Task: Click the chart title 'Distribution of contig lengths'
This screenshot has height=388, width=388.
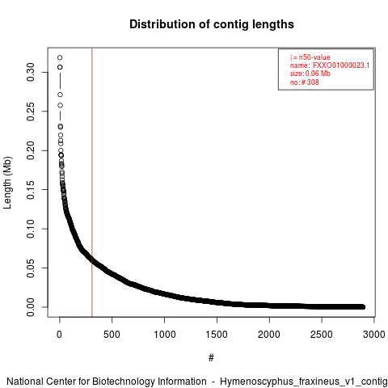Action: coord(212,24)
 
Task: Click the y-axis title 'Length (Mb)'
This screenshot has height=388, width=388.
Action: coord(7,183)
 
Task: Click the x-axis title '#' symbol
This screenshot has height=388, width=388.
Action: coord(211,358)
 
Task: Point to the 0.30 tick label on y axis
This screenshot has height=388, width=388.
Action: coord(31,72)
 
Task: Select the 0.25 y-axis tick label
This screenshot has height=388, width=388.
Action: coord(31,112)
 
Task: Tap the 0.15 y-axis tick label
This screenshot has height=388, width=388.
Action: coord(31,190)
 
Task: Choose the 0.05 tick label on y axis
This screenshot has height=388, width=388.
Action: coord(31,268)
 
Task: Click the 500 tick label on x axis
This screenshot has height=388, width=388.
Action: coord(112,335)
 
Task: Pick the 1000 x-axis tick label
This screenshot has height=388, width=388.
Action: coord(164,335)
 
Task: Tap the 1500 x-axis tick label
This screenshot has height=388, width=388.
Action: coord(217,335)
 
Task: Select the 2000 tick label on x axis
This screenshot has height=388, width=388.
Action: coord(269,335)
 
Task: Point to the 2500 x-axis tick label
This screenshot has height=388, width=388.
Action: coord(322,335)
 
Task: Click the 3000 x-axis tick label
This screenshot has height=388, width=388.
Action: coord(373,335)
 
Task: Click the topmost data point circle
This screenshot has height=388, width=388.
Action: coord(60,57)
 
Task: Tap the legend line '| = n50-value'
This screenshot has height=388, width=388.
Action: coord(310,57)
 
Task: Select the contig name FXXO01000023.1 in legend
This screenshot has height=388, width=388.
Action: coord(341,65)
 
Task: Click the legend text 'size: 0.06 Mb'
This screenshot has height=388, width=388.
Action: coord(310,74)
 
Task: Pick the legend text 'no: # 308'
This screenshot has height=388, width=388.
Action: coord(305,82)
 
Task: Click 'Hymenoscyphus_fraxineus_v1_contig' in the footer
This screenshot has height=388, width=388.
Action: coord(304,382)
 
